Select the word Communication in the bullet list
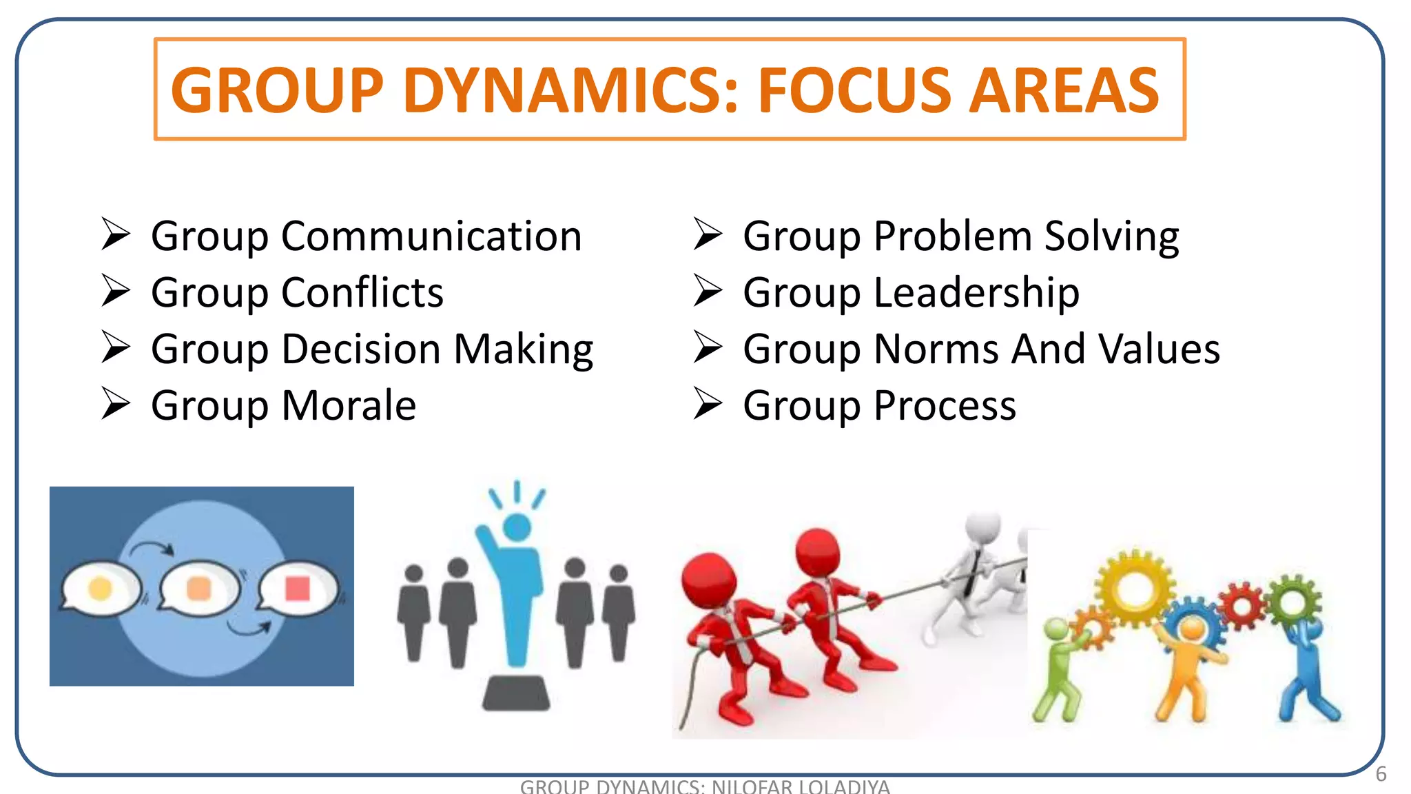click(431, 236)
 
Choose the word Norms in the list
click(936, 349)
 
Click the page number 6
click(1381, 774)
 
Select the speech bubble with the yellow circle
click(101, 589)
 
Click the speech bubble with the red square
click(298, 589)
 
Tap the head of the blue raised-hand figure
click(517, 527)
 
